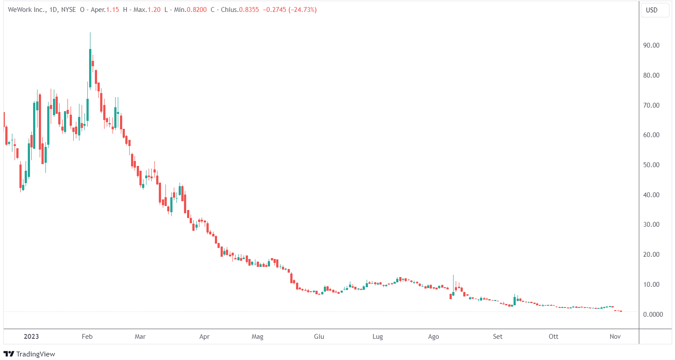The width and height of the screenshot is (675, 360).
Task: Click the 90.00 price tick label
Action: pyautogui.click(x=651, y=45)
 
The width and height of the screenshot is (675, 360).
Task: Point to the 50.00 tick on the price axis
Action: pyautogui.click(x=651, y=165)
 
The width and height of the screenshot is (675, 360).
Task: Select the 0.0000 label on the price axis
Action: pyautogui.click(x=653, y=315)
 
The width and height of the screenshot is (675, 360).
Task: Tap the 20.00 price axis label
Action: pyautogui.click(x=651, y=255)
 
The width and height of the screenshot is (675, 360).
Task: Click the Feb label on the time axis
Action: pyautogui.click(x=87, y=337)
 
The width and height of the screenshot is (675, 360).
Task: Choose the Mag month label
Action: pyautogui.click(x=257, y=337)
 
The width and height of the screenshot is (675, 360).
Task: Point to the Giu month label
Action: pyautogui.click(x=319, y=337)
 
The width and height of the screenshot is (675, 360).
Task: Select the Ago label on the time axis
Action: pyautogui.click(x=434, y=337)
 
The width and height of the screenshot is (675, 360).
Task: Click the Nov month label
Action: pyautogui.click(x=615, y=337)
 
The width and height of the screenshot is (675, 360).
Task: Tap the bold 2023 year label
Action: pyautogui.click(x=31, y=337)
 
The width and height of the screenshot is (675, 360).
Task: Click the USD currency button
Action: pyautogui.click(x=652, y=10)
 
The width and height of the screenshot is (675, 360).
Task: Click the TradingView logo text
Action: pyautogui.click(x=35, y=354)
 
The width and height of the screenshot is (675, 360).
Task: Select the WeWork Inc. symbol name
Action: pyautogui.click(x=26, y=10)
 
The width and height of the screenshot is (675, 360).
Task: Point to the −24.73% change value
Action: pyautogui.click(x=303, y=10)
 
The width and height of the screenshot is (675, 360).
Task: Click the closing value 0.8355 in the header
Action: pyautogui.click(x=249, y=10)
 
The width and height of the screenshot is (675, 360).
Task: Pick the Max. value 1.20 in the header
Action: pyautogui.click(x=154, y=10)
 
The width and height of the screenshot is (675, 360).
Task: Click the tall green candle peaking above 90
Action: pyautogui.click(x=90, y=66)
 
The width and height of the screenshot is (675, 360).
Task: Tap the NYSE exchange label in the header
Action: pyautogui.click(x=68, y=10)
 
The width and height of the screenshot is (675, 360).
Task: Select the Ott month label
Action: pyautogui.click(x=553, y=337)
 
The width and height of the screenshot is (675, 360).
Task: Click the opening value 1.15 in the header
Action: pyautogui.click(x=112, y=10)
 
